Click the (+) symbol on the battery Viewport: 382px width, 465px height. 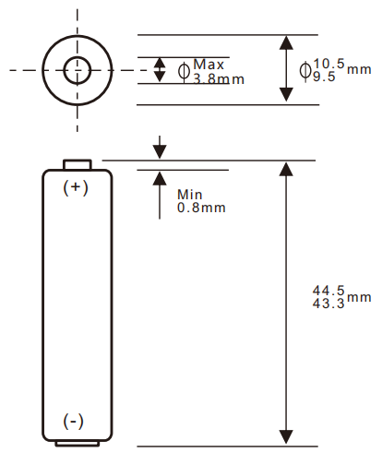click(x=76, y=187)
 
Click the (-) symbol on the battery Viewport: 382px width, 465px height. click(x=74, y=421)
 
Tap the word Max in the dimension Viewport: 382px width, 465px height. click(x=209, y=65)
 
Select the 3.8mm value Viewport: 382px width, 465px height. click(x=219, y=79)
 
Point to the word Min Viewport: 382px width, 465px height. click(x=189, y=195)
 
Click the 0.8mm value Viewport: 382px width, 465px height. click(x=201, y=208)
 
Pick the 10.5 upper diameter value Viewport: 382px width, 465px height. click(x=328, y=63)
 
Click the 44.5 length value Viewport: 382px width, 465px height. click(x=328, y=290)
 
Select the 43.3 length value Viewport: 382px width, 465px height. click(x=328, y=304)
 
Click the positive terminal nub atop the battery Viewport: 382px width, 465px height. click(x=77, y=164)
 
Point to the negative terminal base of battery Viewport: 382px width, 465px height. click(x=77, y=444)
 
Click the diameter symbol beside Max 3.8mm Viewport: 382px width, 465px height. click(x=183, y=71)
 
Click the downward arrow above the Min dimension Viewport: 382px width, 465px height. click(x=161, y=150)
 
